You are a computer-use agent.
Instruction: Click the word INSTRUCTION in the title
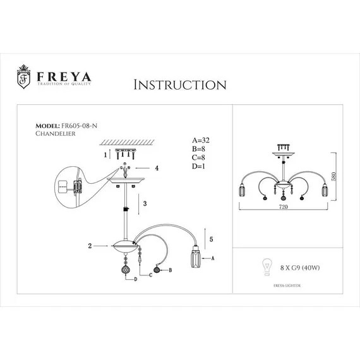[181, 85]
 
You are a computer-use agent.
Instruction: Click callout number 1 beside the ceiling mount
[106, 153]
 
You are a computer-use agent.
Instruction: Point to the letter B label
[171, 270]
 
